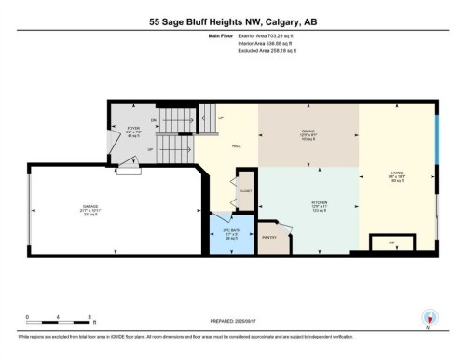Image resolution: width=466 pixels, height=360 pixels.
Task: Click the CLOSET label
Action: click(245, 188)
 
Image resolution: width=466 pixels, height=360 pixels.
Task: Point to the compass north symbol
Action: click(428, 316)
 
